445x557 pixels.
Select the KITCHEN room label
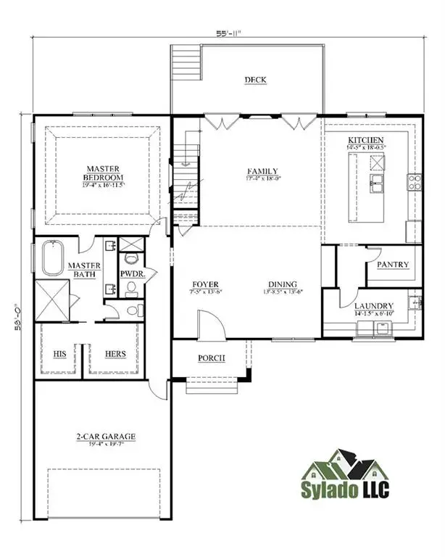(x=366, y=139)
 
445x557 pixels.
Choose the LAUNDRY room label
(x=374, y=306)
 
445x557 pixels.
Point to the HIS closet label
(x=60, y=354)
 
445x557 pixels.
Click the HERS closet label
(x=117, y=354)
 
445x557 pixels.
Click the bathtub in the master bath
(x=54, y=257)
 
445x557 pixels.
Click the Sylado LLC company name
(x=346, y=490)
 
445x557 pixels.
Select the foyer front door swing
(x=208, y=323)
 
